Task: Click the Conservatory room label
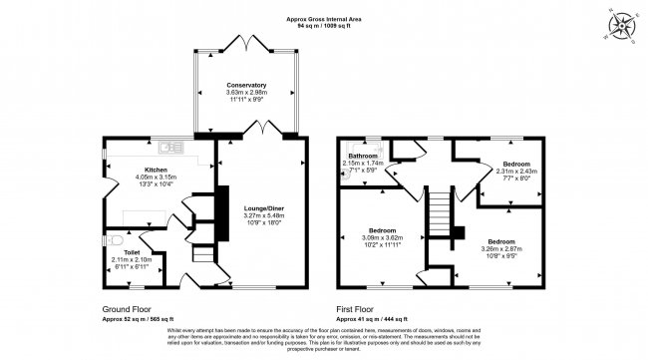[245, 86]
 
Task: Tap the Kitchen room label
[155, 170]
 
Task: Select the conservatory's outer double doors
[245, 43]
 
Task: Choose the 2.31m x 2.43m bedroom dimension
[516, 171]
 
